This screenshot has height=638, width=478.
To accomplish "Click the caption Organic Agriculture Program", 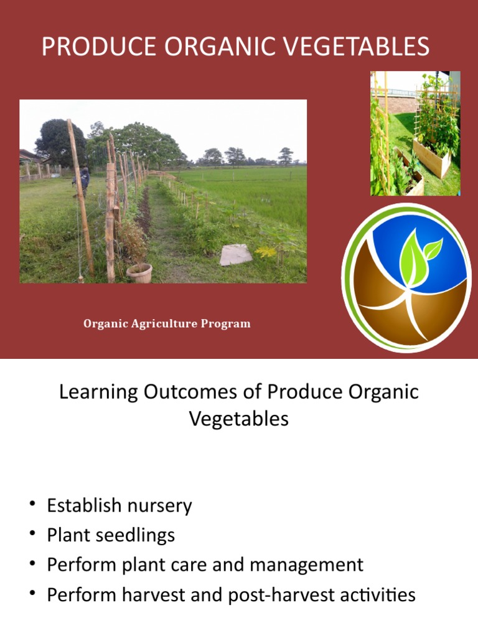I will pyautogui.click(x=167, y=323).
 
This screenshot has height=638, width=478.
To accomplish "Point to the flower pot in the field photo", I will pyautogui.click(x=139, y=272).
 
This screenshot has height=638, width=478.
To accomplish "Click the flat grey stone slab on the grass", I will pyautogui.click(x=237, y=254).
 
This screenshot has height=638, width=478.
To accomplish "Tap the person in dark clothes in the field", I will pyautogui.click(x=82, y=179).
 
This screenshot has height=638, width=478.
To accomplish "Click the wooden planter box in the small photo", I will pyautogui.click(x=432, y=158).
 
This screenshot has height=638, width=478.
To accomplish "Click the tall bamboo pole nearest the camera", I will pyautogui.click(x=81, y=199).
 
